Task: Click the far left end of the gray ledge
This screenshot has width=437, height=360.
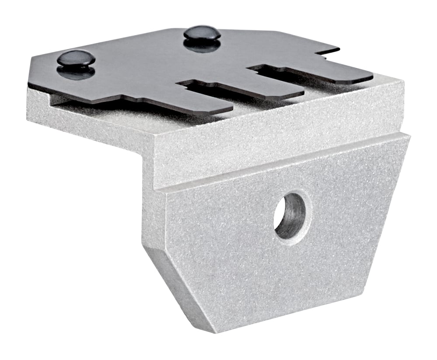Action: (x=31, y=103)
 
